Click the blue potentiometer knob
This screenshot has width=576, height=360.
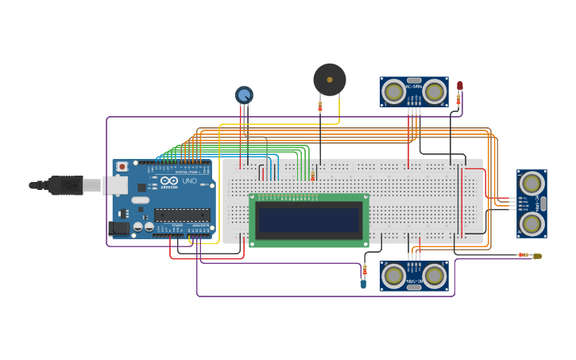point(244,95)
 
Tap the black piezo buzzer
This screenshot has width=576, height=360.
point(330,79)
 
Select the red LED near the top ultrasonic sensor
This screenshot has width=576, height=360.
point(459,85)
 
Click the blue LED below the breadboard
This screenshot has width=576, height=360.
point(363,282)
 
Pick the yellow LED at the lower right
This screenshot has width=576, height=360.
point(538,256)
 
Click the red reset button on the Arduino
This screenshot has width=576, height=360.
point(122,167)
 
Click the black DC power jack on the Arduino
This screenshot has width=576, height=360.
point(118,227)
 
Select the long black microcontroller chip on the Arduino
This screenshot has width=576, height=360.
point(182,215)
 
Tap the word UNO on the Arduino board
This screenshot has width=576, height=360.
point(189,181)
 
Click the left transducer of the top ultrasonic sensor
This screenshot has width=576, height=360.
point(393,92)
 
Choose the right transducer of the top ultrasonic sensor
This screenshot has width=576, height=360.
point(434,92)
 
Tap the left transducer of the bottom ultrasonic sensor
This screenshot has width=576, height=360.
point(393,276)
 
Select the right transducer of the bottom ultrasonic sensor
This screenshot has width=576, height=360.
point(434,276)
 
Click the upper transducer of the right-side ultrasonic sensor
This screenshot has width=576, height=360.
point(532,184)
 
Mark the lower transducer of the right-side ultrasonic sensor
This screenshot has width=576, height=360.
point(532,223)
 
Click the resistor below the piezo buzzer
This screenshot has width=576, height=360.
point(320,106)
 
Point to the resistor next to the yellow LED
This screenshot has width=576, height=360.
point(524,255)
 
